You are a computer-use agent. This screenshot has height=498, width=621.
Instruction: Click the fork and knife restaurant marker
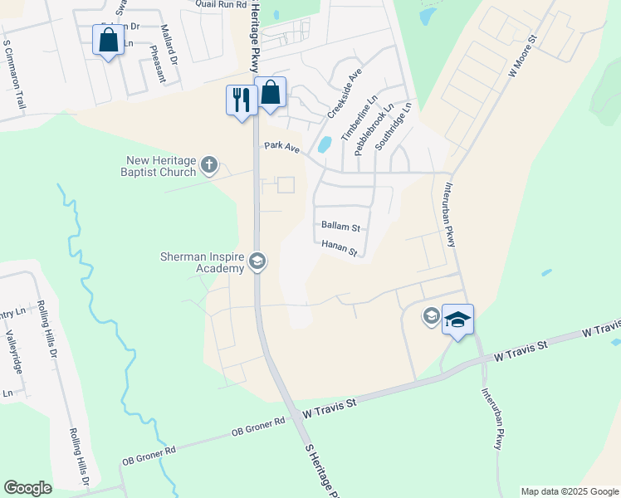pos(242,100)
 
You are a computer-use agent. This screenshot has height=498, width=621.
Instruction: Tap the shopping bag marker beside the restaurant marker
pos(270,92)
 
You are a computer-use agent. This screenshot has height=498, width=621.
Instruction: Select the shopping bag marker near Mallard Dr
pos(108,40)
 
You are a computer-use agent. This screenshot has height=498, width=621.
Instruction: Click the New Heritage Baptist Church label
pos(160,166)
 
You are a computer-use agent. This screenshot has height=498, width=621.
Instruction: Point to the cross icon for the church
pos(208,165)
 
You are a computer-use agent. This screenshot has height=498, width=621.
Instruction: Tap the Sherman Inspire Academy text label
pos(203,262)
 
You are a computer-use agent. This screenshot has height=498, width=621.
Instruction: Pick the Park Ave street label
pos(281,145)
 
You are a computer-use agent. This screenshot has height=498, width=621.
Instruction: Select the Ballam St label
pos(340,227)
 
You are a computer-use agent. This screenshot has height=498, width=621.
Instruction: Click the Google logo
pos(28,488)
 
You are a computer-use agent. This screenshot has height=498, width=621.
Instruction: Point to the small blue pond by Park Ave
pos(324,144)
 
